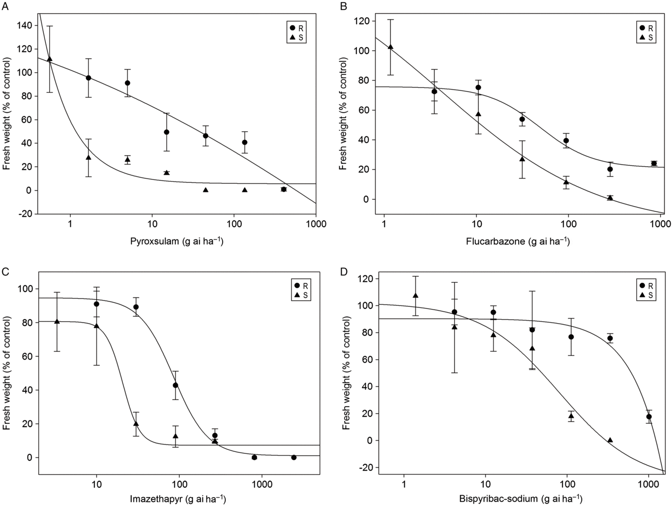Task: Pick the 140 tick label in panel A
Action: click(x=23, y=25)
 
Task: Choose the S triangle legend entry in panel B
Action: click(x=644, y=37)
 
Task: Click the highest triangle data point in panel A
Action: click(x=49, y=59)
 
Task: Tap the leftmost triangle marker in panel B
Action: click(x=391, y=47)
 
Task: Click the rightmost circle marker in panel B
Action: click(x=654, y=163)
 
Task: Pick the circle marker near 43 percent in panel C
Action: click(x=175, y=385)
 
